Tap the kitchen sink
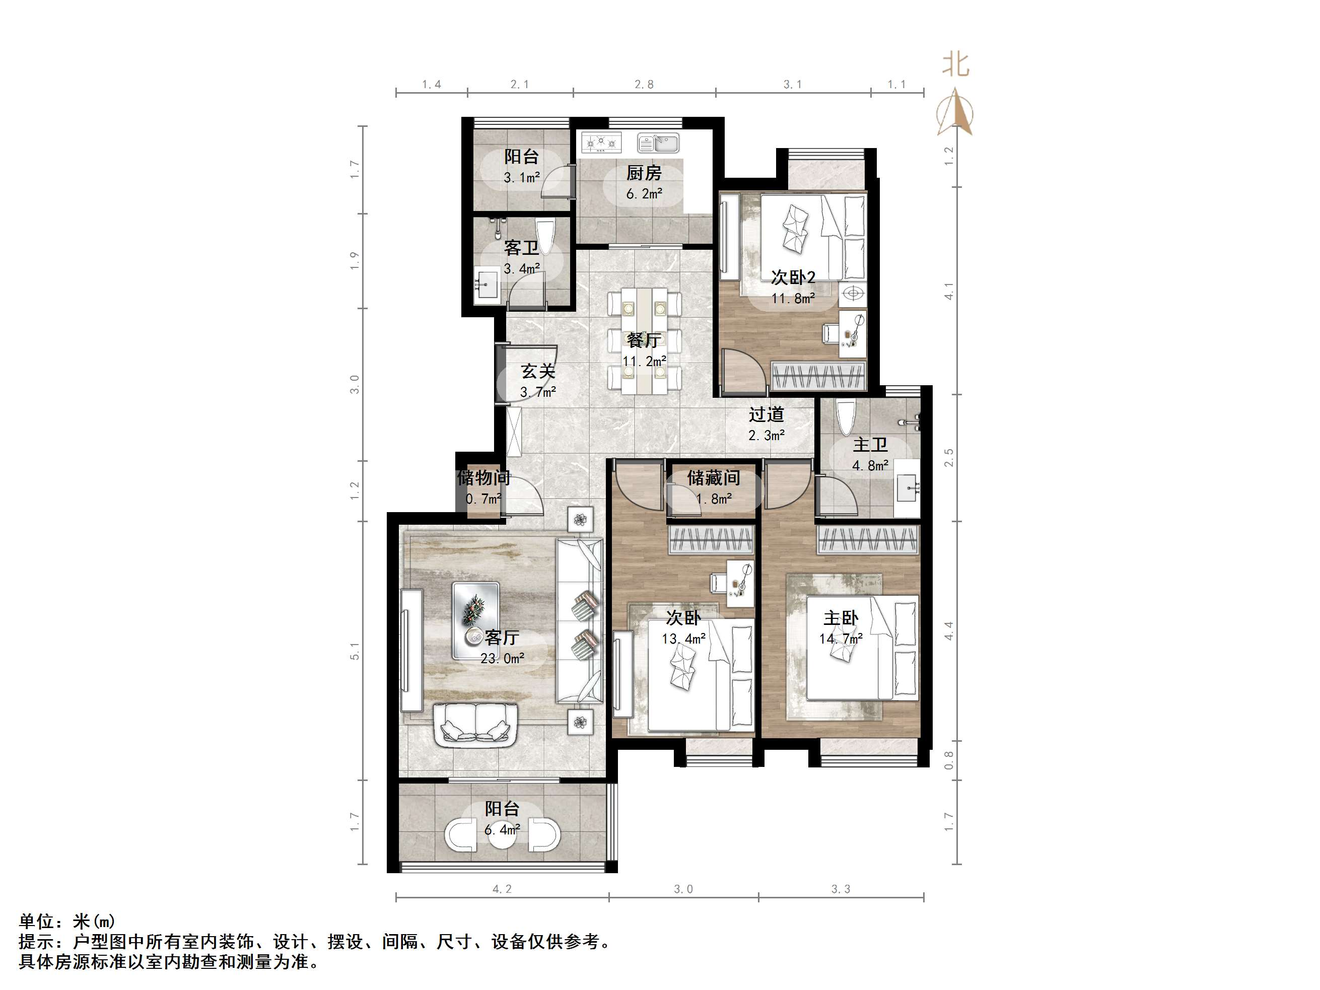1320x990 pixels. [x=658, y=143]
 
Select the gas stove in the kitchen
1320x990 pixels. [x=601, y=143]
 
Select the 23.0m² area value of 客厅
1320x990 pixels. [x=503, y=659]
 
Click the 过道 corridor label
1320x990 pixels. [x=766, y=414]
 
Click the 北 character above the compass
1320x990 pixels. [x=955, y=64]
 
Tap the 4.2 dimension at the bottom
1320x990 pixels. [x=502, y=889]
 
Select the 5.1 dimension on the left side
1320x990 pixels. [x=355, y=651]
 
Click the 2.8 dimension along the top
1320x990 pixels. [x=644, y=85]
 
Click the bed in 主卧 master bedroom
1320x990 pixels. [x=862, y=647]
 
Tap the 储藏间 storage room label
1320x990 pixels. [x=713, y=477]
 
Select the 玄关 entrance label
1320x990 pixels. [x=538, y=371]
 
